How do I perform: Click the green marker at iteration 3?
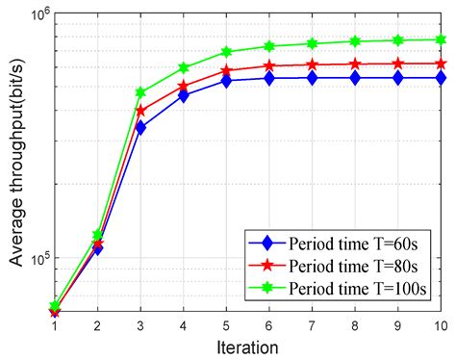[x=140, y=92]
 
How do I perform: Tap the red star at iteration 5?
[x=227, y=71]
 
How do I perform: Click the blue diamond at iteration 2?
[x=97, y=247]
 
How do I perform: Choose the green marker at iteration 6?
[x=269, y=46]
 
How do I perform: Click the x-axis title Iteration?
[x=248, y=347]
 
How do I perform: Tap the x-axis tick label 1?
[x=54, y=326]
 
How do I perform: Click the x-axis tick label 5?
[x=227, y=326]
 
